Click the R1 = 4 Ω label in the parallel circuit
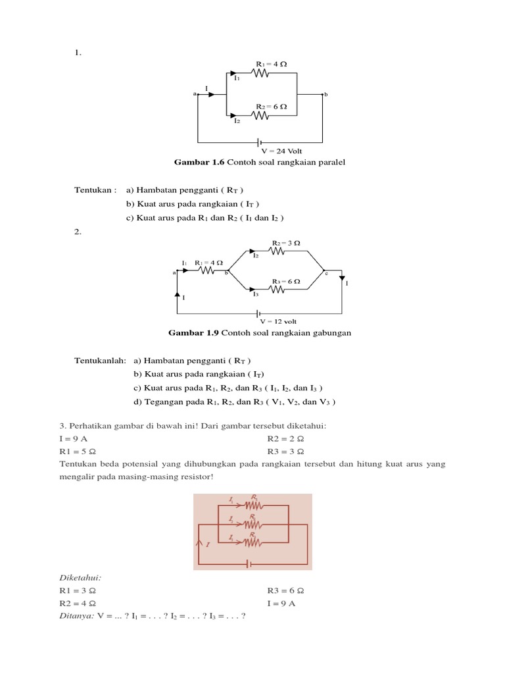[271, 64]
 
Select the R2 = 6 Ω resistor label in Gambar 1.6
[271, 106]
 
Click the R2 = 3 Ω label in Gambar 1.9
[286, 243]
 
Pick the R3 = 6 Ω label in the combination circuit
[286, 281]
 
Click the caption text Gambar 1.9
[194, 333]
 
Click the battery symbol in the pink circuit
[249, 563]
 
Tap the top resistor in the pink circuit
[253, 506]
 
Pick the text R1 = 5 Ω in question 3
[78, 452]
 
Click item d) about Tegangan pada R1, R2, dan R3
[235, 402]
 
